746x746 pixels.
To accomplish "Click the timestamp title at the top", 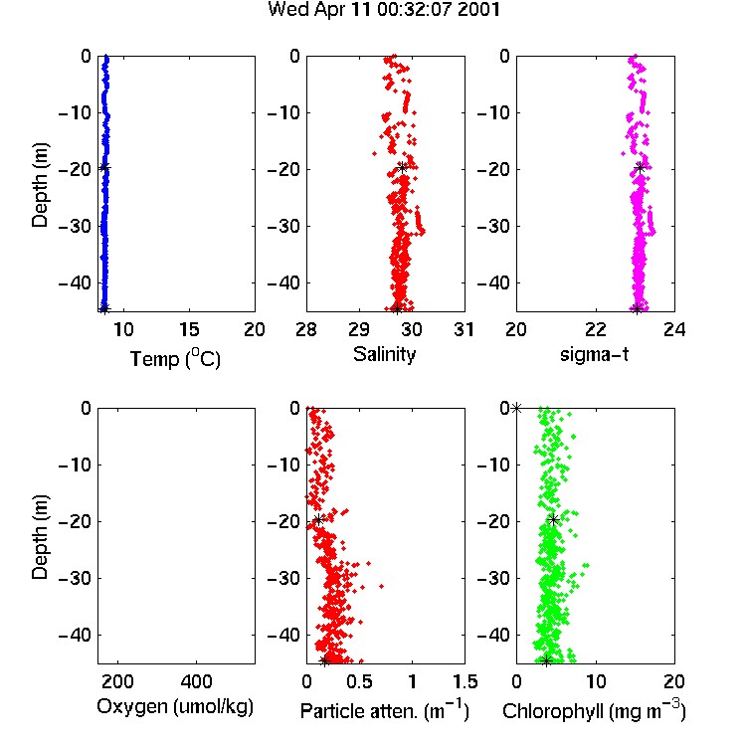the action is point(384,10).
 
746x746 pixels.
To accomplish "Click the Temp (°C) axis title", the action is point(175,358).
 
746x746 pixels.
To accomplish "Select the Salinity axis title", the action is point(384,354).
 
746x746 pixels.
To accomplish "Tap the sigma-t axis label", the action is point(594,354).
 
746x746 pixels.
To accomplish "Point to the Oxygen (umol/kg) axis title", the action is point(175,707).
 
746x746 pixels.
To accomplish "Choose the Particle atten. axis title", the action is point(384,711).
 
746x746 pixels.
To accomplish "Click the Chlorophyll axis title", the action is point(594,711).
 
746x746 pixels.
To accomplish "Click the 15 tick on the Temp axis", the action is point(189,329).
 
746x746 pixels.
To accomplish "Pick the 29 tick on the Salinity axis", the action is point(359,329).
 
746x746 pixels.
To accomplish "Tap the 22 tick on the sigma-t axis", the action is point(596,329).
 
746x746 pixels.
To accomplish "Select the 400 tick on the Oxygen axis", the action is point(196,681).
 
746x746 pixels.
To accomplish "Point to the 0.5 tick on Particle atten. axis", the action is point(359,681).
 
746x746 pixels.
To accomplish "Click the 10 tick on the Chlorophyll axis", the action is point(596,681).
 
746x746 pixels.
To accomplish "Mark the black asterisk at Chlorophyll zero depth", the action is point(516,408).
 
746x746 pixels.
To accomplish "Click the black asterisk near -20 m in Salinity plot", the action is point(403,167).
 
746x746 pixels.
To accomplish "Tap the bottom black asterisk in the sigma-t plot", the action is point(637,308).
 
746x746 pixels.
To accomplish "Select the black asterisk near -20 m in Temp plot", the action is point(104,167).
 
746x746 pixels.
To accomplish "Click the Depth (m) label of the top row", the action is point(40,185).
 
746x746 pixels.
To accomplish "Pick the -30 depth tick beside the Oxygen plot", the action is point(75,579).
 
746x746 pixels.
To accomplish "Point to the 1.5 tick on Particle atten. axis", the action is point(465,681).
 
